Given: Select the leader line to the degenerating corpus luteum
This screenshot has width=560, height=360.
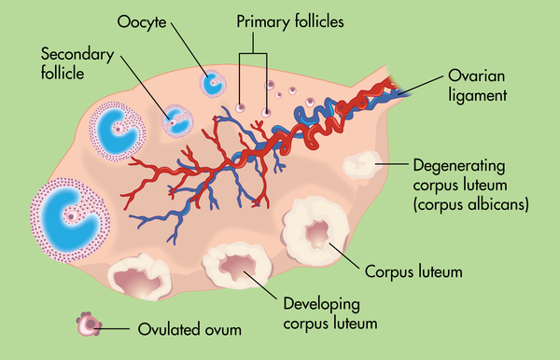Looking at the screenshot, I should pyautogui.click(x=392, y=167).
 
